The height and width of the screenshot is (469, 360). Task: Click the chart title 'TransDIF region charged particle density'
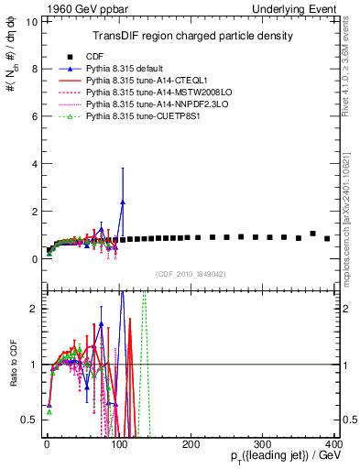coord(190,36)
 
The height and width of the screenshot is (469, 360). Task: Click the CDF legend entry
coord(91,56)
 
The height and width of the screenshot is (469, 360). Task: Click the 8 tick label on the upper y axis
coord(32,69)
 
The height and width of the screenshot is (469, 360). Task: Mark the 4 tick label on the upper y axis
coord(32,164)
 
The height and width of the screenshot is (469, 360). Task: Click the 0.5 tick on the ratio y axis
coord(27,420)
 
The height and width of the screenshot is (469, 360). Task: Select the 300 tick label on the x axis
coord(262,443)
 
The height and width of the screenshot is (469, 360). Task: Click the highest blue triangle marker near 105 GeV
coord(122,202)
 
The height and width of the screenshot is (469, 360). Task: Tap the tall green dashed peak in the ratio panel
coord(144,298)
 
